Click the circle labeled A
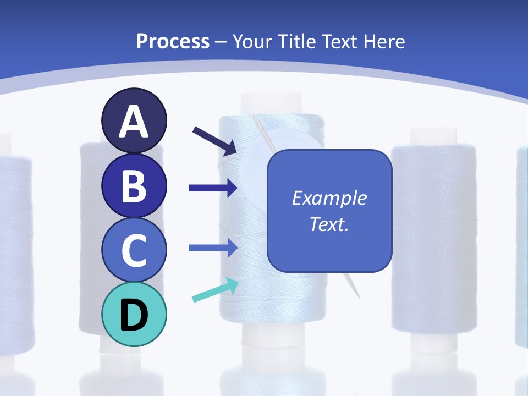pos(134,120)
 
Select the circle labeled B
pos(134,185)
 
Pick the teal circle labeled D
pos(134,314)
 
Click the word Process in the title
pos(173,41)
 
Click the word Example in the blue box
pos(329,198)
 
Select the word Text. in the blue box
pos(329,224)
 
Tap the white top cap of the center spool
pos(272,104)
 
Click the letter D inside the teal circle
pos(134,315)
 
